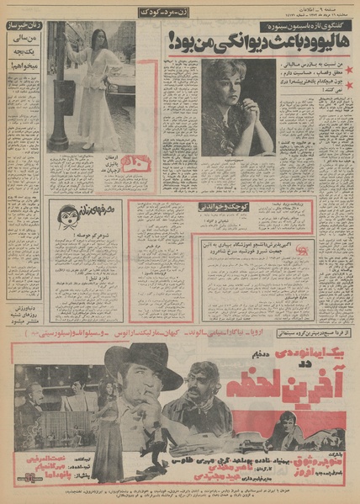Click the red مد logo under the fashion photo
pyautogui.click(x=133, y=163)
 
